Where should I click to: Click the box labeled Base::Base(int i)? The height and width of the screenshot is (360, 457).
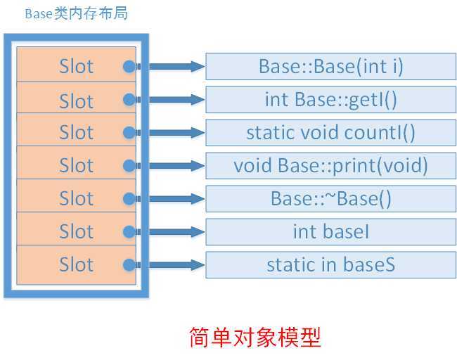330,67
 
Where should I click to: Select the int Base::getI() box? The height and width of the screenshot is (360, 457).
330,99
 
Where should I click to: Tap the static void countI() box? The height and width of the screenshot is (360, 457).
330,132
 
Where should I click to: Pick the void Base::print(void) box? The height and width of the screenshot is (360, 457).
330,165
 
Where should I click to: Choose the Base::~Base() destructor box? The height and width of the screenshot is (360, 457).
330,198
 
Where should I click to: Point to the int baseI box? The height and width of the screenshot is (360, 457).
330,231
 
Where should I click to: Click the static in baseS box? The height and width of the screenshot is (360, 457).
330,264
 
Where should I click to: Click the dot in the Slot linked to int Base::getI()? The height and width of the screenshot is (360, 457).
129,100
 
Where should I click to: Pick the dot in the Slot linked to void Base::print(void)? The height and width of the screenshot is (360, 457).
129,166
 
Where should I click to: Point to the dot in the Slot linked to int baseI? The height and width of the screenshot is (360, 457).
129,231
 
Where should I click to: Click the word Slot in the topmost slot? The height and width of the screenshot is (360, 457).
76,67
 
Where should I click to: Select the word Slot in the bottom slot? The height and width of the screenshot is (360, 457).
76,264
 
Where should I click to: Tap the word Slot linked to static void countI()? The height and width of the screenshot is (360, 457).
76,133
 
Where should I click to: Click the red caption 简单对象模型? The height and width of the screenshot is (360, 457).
255,337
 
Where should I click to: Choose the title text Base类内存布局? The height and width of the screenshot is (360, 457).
76,14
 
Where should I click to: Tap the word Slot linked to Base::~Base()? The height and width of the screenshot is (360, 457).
76,199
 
